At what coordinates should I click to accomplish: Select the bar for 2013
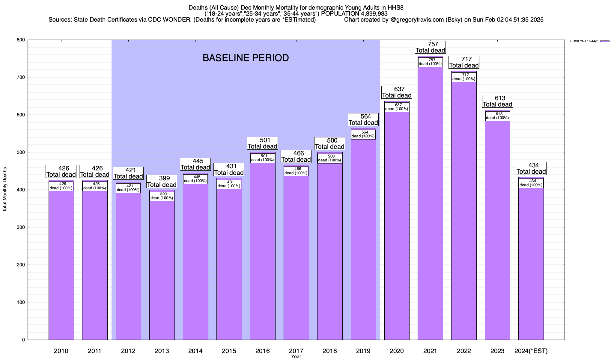162,270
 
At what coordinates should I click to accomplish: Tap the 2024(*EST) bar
531,264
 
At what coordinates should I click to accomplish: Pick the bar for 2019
363,240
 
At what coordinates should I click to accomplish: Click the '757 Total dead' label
431,47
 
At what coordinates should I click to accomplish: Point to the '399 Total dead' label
162,181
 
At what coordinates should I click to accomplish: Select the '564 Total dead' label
363,119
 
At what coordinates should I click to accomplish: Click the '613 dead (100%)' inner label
497,116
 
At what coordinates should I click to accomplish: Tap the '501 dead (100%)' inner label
263,158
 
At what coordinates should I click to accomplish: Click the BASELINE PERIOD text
246,58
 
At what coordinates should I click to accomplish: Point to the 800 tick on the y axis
21,40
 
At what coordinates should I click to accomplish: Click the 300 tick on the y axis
21,227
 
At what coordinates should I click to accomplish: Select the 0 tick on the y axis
23,340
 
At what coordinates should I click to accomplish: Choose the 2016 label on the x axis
263,351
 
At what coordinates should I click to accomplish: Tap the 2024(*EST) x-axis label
531,351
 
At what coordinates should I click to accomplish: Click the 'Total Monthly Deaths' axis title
5,189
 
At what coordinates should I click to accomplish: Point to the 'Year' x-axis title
296,357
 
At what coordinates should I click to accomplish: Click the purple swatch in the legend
605,41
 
